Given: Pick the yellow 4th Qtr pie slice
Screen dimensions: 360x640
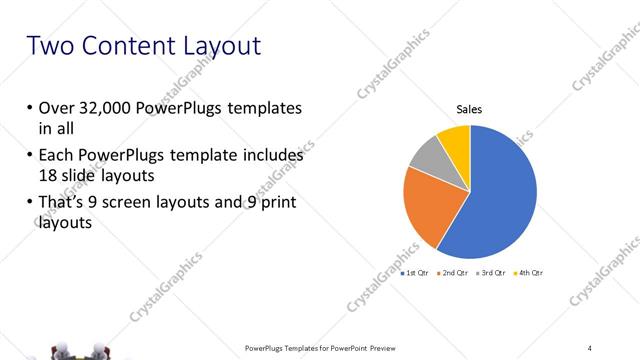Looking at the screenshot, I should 455,140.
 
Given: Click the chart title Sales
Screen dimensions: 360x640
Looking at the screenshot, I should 469,110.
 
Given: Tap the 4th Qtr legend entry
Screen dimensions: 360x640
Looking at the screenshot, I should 527,272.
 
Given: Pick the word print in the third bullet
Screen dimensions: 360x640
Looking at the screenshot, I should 273,204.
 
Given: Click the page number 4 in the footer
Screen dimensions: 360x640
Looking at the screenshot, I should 589,347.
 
